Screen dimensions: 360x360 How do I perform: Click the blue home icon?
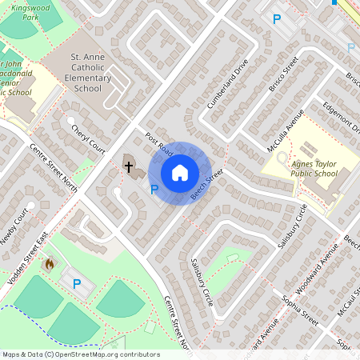coord(180,173)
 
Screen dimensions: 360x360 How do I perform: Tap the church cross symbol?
coord(128,166)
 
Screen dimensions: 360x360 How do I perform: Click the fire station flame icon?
coord(50,263)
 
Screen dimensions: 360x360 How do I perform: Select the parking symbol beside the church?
coord(154,190)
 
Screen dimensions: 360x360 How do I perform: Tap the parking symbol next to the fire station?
coord(78,283)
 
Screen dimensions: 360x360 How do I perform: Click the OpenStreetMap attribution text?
coord(81,354)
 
